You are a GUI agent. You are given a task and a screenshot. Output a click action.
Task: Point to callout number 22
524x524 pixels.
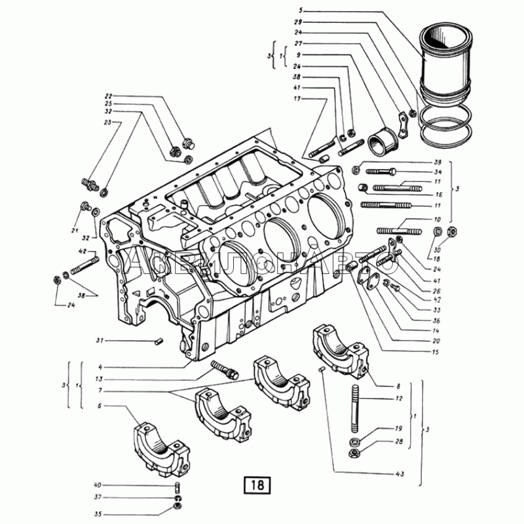[109, 96]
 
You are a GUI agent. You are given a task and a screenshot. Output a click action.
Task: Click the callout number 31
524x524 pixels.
[100, 340]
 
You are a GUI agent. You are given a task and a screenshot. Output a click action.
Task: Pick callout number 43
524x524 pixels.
[399, 474]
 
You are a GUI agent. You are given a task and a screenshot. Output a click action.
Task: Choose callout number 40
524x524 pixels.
[98, 485]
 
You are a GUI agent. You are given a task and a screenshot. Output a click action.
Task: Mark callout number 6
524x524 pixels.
[100, 406]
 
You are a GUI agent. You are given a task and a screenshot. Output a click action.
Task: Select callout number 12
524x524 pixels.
[399, 398]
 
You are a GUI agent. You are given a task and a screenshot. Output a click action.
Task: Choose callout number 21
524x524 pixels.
[75, 232]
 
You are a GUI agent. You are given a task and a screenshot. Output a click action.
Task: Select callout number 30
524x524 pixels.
[438, 249]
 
